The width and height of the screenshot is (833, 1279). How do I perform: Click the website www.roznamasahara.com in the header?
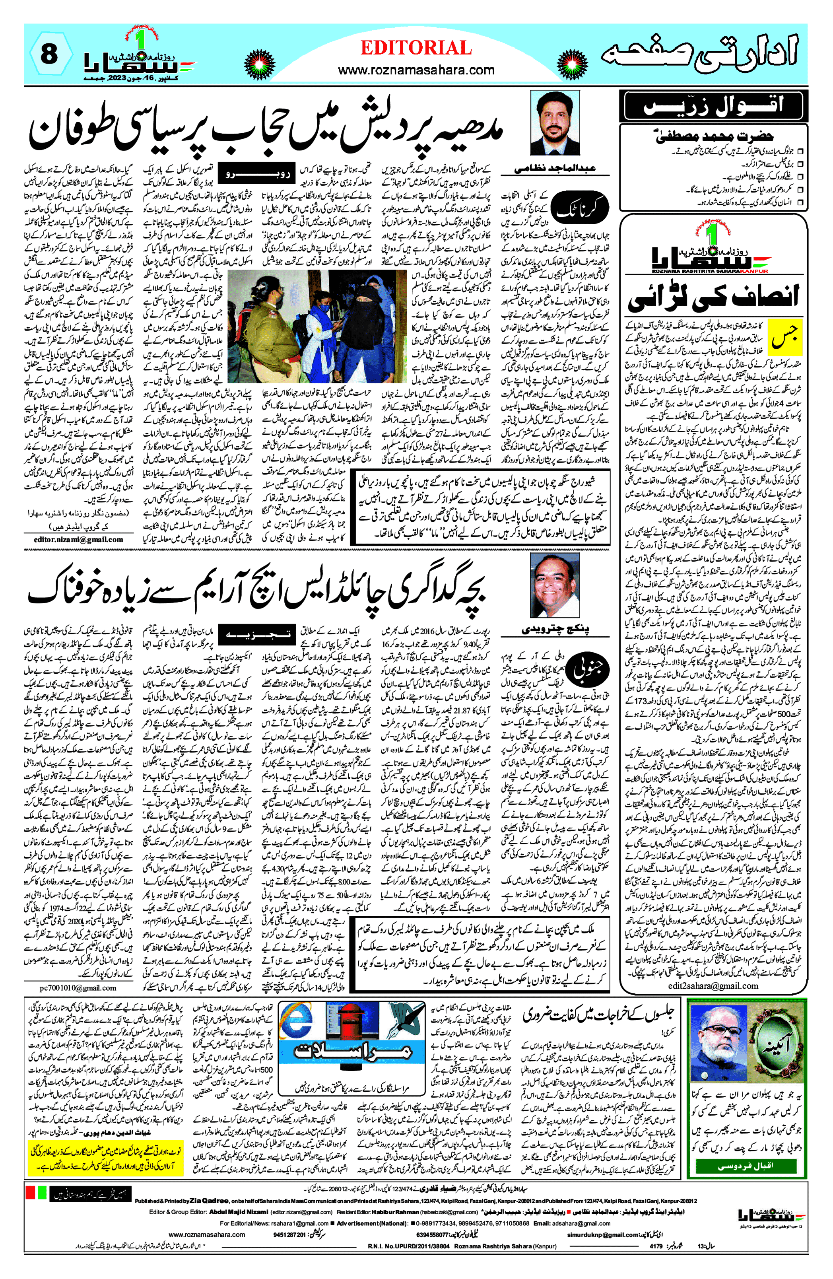click(416, 70)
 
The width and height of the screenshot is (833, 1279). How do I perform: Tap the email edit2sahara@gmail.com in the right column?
click(713, 985)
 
